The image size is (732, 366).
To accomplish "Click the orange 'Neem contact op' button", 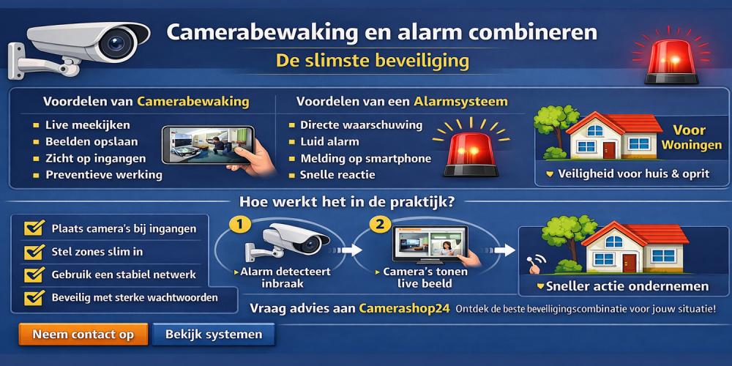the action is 83,335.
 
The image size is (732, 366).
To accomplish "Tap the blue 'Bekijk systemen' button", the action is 213,335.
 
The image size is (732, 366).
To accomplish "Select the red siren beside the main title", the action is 671,61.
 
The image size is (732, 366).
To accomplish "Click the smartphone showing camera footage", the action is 208,145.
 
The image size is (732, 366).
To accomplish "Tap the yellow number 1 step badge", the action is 240,225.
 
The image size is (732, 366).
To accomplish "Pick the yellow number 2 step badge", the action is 380,225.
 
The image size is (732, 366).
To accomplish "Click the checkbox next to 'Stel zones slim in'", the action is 34,252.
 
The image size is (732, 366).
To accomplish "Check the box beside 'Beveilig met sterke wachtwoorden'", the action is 34,297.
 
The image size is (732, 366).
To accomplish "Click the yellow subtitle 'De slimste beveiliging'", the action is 373,61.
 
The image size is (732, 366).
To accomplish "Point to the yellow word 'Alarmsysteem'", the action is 460,101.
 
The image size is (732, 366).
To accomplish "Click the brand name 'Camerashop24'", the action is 404,309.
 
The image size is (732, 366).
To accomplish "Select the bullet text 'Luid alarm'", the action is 329,141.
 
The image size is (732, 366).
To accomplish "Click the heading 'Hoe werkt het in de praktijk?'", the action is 347,203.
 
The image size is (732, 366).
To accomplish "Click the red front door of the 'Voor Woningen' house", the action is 609,150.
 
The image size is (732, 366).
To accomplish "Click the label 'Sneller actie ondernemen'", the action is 627,285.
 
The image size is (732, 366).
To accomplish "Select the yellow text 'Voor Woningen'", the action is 691,138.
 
